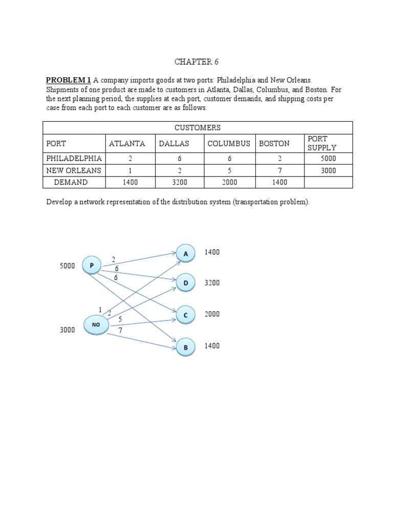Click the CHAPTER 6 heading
[x=196, y=62]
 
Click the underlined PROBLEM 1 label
[x=68, y=80]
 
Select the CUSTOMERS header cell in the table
[x=198, y=127]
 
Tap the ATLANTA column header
[x=127, y=143]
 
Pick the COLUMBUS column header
[x=229, y=143]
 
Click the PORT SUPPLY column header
[x=322, y=143]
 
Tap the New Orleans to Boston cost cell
[x=280, y=170]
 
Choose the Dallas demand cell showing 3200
[x=179, y=182]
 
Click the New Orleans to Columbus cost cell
[x=229, y=170]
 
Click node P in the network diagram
[x=91, y=265]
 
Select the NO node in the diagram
[x=96, y=324]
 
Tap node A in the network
[x=186, y=253]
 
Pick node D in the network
[x=186, y=282]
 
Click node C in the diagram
[x=186, y=316]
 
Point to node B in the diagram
[x=186, y=347]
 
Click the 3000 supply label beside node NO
[x=67, y=330]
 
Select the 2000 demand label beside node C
[x=212, y=314]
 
